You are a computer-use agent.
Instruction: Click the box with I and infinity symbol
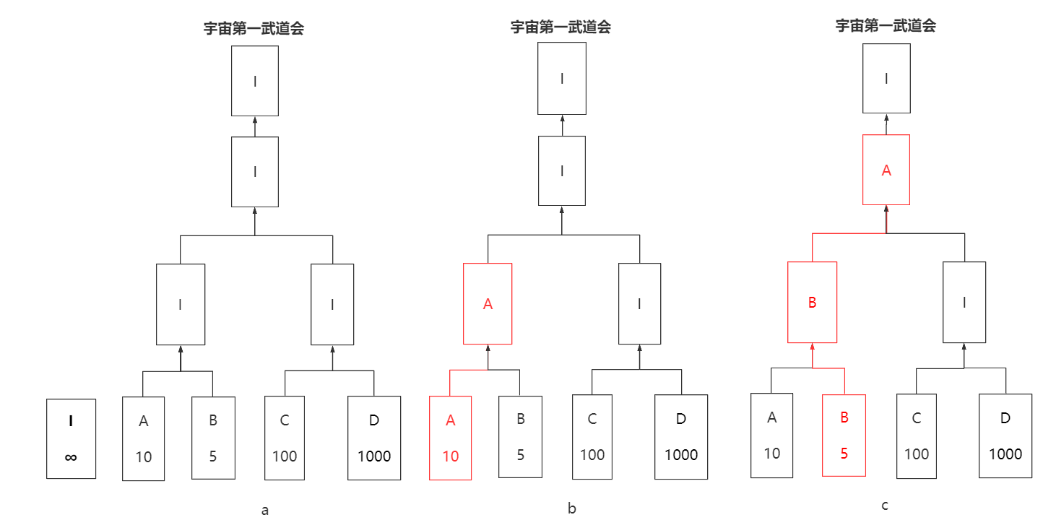tap(71, 438)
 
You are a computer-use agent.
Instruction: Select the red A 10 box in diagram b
tap(450, 438)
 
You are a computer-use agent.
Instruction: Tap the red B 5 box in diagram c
tap(844, 435)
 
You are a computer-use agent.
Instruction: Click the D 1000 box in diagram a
tap(374, 438)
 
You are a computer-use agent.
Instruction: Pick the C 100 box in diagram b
tap(592, 437)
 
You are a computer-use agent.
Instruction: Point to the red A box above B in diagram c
tap(886, 170)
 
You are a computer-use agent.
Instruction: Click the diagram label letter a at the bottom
tap(265, 511)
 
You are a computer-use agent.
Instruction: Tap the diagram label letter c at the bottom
tap(885, 506)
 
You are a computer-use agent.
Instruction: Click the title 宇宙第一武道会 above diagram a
tap(254, 29)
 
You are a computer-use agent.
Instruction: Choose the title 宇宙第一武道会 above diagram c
tap(886, 26)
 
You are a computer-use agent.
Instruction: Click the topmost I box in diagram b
tap(562, 78)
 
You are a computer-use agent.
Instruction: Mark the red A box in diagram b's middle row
tap(488, 304)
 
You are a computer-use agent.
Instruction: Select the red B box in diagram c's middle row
tap(812, 302)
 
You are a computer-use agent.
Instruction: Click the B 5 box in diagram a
tap(213, 438)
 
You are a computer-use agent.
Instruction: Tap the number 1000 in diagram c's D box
tap(1005, 454)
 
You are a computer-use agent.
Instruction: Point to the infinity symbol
tap(71, 456)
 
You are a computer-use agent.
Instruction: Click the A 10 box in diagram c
tap(771, 435)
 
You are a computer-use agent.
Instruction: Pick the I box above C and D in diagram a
tap(332, 304)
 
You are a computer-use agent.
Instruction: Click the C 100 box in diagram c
tap(917, 436)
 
